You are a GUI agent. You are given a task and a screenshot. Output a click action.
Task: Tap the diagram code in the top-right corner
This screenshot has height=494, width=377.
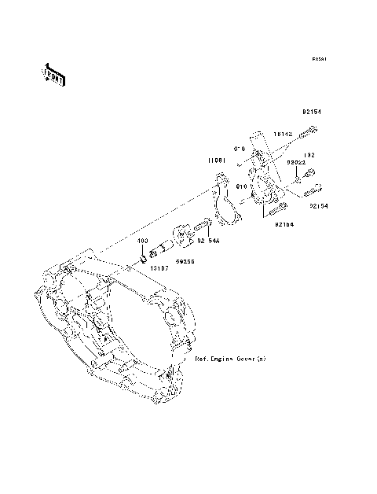(x=317, y=59)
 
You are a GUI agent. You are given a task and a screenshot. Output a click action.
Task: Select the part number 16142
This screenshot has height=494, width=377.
(x=283, y=135)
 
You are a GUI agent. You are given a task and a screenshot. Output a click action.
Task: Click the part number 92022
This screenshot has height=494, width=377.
(x=295, y=162)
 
